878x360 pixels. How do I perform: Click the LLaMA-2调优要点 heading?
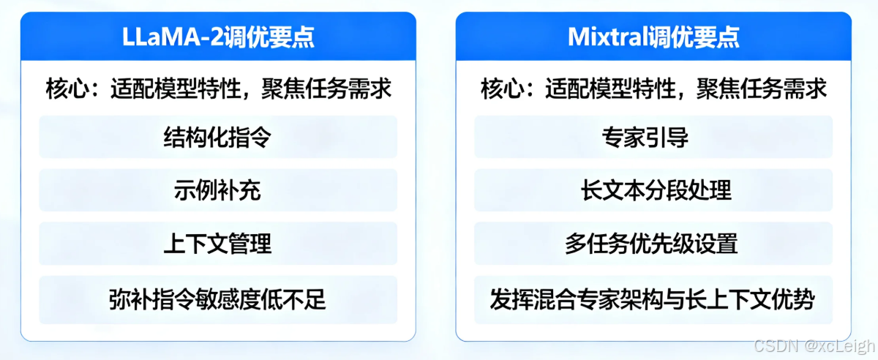click(218, 37)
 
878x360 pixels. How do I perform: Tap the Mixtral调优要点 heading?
click(653, 37)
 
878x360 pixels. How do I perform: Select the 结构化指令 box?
click(218, 137)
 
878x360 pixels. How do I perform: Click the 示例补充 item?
click(218, 190)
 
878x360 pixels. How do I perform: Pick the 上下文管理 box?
click(218, 244)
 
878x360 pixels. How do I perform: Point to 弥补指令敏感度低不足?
click(218, 299)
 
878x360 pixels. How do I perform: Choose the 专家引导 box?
click(653, 137)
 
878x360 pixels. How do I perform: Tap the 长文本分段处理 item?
click(653, 190)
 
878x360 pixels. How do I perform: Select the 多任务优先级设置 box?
click(653, 244)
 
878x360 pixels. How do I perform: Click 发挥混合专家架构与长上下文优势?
click(653, 299)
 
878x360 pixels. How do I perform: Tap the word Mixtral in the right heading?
click(607, 37)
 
